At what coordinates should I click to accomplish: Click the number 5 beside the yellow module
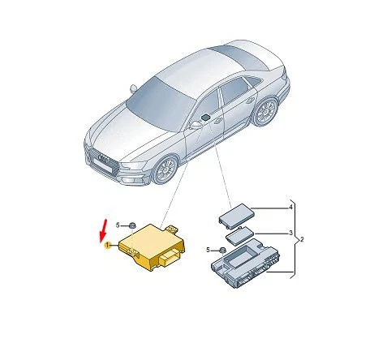(117, 225)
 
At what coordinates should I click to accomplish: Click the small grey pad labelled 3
(238, 237)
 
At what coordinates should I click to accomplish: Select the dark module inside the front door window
(208, 118)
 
